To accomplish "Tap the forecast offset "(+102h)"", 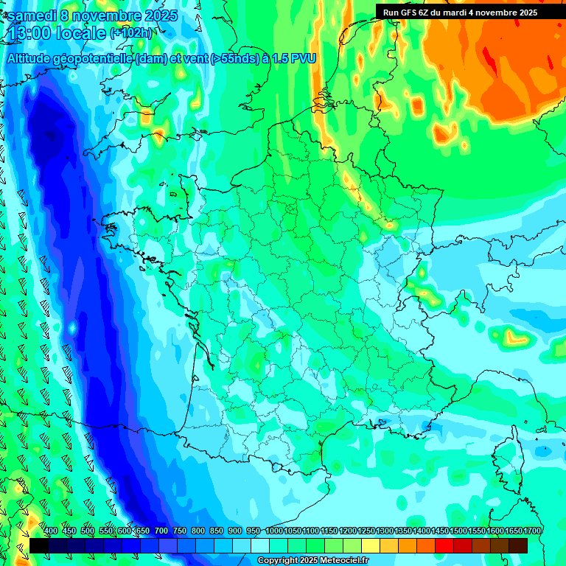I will point(131,32).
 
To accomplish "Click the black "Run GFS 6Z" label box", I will point(460,12).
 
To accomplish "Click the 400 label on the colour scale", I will point(51,531).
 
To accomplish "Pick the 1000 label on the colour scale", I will point(274,531).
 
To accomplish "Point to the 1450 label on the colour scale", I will point(440,531).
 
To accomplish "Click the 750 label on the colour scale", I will point(180,531).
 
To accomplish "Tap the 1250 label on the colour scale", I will point(366,531).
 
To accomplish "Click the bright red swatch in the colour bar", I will point(444,545).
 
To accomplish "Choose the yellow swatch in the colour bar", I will point(371,545).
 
